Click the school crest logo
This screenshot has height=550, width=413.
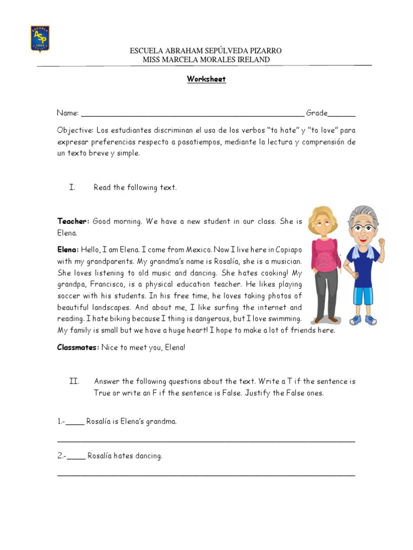click(40, 39)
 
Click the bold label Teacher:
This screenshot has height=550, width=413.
click(73, 221)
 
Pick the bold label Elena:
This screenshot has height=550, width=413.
click(68, 250)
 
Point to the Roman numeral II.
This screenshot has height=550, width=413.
click(74, 381)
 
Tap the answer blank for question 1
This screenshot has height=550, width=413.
click(75, 422)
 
